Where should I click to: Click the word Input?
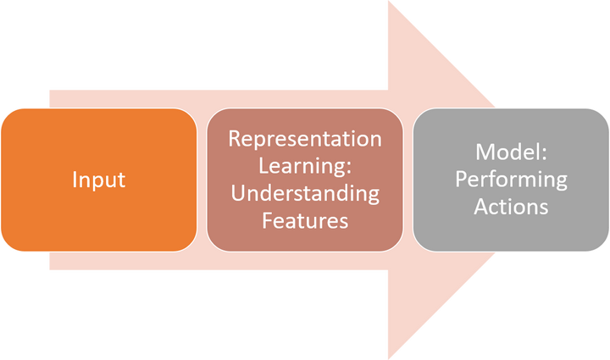pos(99,180)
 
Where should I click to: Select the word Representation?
pos(305,139)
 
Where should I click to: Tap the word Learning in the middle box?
pos(301,167)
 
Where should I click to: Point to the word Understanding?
pos(305,194)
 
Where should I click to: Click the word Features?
pos(305,220)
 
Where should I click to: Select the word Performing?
pos(511,180)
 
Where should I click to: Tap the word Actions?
pos(511,207)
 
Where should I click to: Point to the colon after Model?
pos(543,153)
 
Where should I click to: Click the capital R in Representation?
pos(235,139)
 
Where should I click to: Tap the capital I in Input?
pos(75,180)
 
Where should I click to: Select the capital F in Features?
pos(268,221)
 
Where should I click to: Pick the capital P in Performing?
pos(462,179)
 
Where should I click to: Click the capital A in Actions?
pos(481,207)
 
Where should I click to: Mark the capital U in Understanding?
pos(238,193)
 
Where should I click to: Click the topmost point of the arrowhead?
pos(388,1)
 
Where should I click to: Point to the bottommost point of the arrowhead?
pos(388,359)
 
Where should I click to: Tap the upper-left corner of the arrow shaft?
pos(50,90)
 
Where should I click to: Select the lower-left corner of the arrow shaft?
pos(50,269)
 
